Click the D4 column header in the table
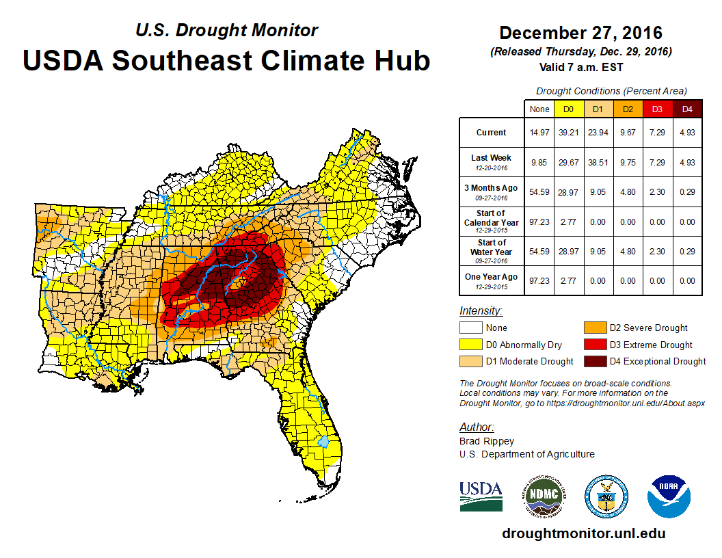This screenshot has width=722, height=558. pos(687,109)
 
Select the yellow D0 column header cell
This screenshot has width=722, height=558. pos(567,109)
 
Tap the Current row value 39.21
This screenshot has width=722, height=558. pos(567,133)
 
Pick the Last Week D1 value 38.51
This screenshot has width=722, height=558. pos(598,162)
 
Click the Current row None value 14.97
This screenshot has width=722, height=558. pos(539,133)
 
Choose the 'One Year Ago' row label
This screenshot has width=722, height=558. pos(491,277)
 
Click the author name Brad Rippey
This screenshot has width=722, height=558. pos(486,441)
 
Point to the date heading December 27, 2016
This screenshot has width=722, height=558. pos(580,33)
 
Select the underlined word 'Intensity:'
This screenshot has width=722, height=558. pos(481,311)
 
